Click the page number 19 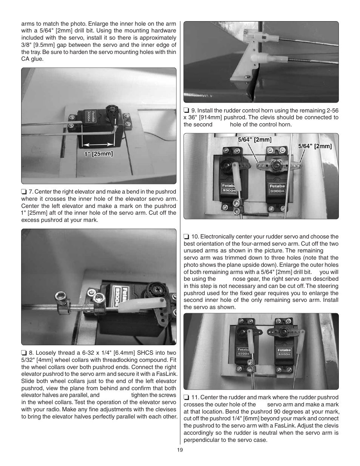point(180,450)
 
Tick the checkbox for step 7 point(24,192)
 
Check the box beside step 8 point(24,353)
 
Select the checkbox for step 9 point(186,111)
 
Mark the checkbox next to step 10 point(186,237)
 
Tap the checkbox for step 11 point(186,397)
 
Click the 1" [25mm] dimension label point(98,154)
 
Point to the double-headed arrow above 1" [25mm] point(98,144)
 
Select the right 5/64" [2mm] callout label point(315,146)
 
